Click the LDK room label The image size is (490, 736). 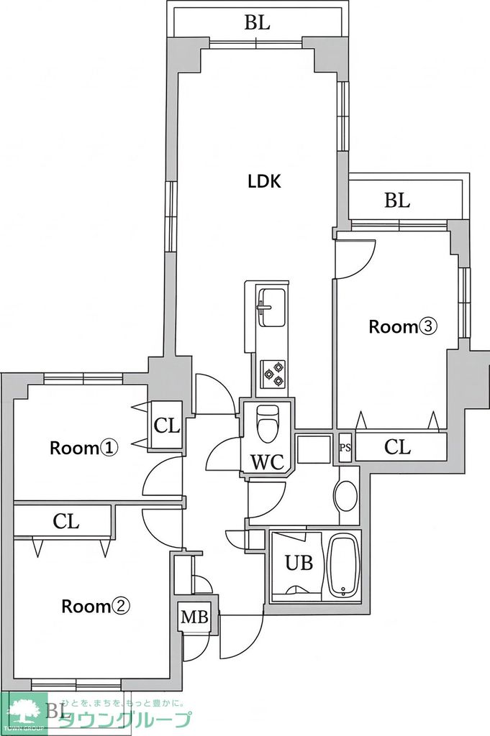264,182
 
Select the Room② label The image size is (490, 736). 95,607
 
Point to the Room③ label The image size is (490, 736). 402,327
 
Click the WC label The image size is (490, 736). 267,461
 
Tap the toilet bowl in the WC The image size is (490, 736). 268,424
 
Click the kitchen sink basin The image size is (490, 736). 272,303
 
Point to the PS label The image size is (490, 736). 345,448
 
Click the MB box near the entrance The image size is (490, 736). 194,617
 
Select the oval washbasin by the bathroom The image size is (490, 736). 346,496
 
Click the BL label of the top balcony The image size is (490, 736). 257,23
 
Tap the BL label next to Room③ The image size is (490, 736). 396,201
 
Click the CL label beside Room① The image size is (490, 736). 166,426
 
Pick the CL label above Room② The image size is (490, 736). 65,522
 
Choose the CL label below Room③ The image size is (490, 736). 397,447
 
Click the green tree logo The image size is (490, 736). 24,712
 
